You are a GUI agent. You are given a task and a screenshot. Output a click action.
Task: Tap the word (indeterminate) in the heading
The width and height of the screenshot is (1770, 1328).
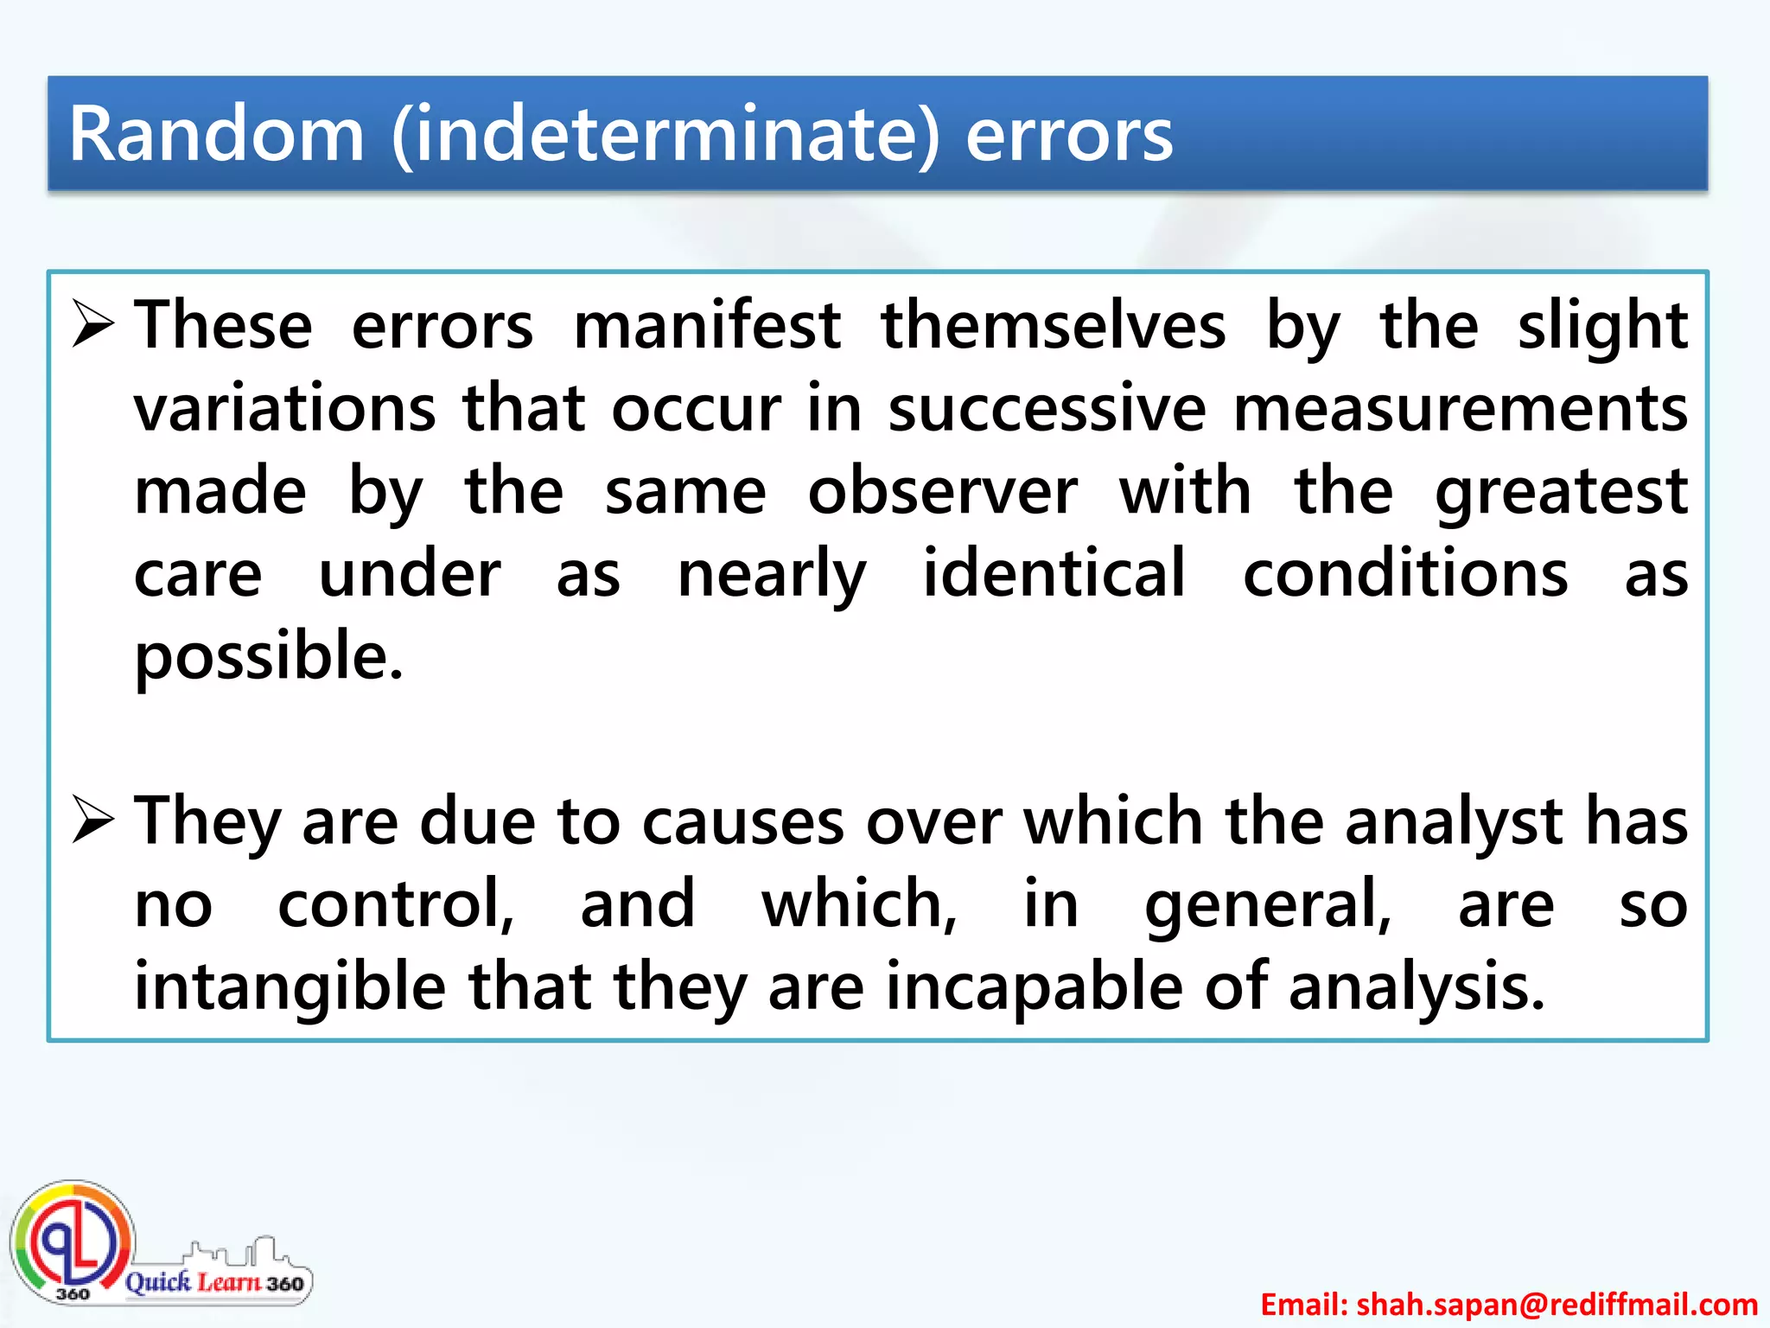point(665,136)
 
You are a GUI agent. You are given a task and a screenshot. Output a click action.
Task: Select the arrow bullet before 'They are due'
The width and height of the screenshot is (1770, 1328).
point(93,820)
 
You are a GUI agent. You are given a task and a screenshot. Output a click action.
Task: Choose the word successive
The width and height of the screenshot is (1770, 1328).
point(1047,408)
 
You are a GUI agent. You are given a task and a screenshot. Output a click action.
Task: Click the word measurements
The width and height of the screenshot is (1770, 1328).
point(1460,408)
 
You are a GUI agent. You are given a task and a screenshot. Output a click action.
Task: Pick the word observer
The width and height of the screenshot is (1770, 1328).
point(942,491)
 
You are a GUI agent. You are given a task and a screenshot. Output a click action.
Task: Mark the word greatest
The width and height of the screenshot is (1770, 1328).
point(1561,493)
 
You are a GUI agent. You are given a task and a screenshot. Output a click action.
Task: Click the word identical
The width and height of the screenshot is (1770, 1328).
point(1054,573)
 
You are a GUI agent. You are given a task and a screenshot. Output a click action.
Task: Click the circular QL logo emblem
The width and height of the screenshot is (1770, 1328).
point(73,1242)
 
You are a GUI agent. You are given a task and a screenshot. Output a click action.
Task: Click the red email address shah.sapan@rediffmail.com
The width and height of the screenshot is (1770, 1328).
point(1508,1304)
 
